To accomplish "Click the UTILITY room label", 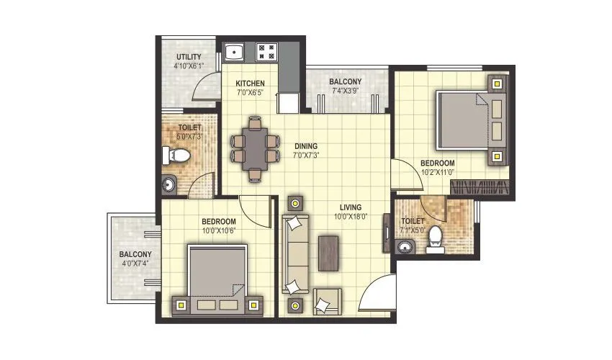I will click(x=188, y=57).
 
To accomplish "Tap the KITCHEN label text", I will click(x=250, y=84).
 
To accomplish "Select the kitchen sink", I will click(x=234, y=53).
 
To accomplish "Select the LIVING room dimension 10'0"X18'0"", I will click(x=351, y=217).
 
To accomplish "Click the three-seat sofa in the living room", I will click(x=295, y=256).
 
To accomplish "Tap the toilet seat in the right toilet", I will click(x=434, y=239).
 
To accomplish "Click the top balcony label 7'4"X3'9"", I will click(x=346, y=91).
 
